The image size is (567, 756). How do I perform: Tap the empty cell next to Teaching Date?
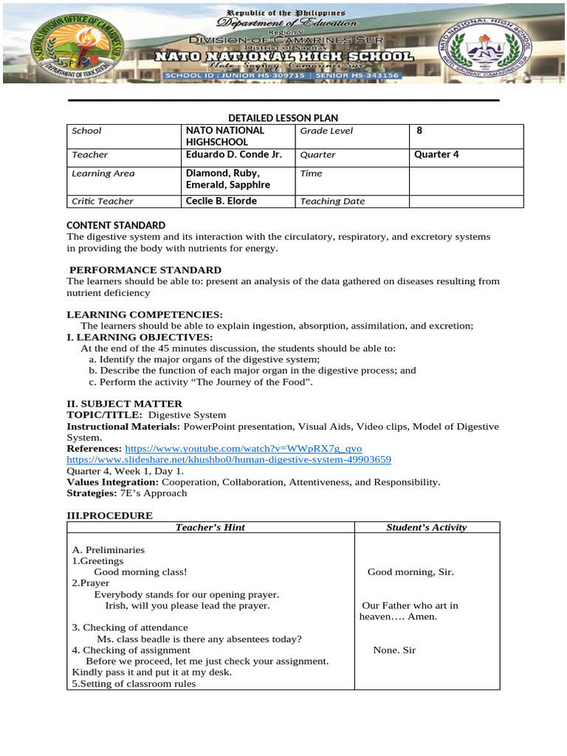tap(466, 201)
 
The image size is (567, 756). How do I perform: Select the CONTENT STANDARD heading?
tap(116, 225)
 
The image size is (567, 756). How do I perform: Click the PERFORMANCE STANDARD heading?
tap(145, 270)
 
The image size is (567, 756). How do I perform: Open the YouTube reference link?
tap(244, 449)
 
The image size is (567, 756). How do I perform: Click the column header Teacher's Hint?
tap(210, 527)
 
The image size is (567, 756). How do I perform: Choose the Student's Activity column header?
tap(427, 527)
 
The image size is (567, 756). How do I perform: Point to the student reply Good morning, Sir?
tap(410, 572)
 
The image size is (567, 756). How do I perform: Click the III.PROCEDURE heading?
tap(110, 515)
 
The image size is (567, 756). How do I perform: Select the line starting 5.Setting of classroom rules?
tap(134, 684)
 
